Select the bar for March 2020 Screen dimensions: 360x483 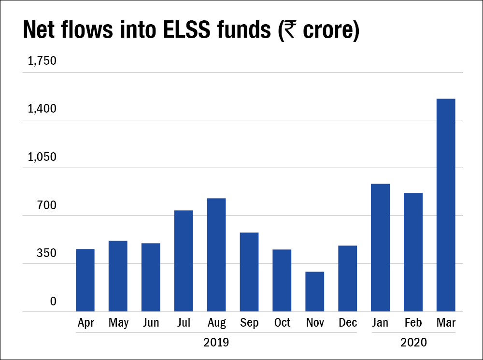point(446,205)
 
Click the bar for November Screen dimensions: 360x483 point(314,291)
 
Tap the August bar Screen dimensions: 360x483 point(216,255)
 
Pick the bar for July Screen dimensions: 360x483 point(183,260)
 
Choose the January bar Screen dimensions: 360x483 point(380,247)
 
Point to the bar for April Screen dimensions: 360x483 point(85,280)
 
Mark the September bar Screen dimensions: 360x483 point(249,272)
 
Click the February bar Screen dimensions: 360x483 point(413,252)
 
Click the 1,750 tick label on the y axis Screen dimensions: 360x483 point(42,61)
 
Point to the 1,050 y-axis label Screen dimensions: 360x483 point(42,158)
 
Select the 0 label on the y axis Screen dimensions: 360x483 point(53,302)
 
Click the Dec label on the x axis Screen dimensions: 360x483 point(348,323)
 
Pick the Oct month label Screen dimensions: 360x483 point(282,323)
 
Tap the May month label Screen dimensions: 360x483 point(118,323)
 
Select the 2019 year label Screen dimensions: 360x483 point(216,343)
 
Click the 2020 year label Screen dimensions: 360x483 point(413,343)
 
